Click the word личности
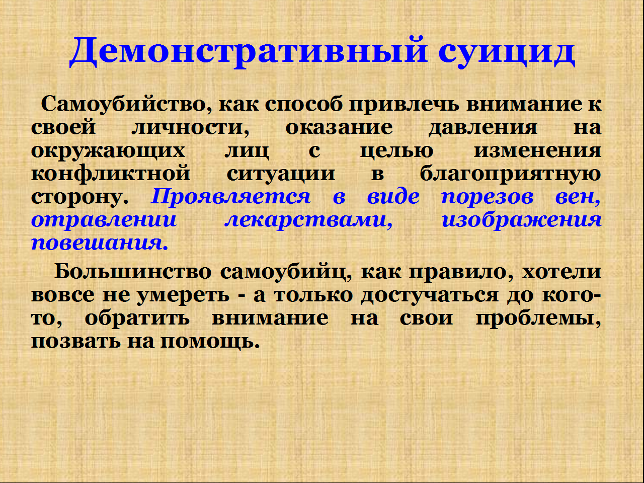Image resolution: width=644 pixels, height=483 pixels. click(x=191, y=127)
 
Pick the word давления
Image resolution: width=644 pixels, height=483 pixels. click(x=483, y=128)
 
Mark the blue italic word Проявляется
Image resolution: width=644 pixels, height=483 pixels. click(x=230, y=197)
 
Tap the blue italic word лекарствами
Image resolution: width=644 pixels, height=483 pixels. click(x=308, y=219)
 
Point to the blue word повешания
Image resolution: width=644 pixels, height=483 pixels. click(x=100, y=243)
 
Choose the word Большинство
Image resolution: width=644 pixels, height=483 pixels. click(x=133, y=272)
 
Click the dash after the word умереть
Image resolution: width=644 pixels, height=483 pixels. click(x=242, y=296)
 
